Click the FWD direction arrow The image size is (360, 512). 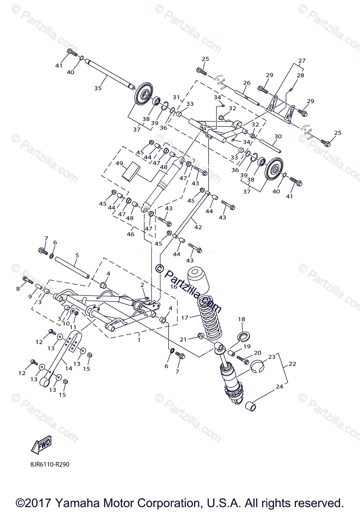(x=41, y=445)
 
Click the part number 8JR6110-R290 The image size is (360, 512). (x=50, y=464)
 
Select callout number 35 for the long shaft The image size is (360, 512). (x=98, y=88)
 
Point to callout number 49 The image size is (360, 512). (x=119, y=164)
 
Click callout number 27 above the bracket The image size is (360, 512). (x=302, y=61)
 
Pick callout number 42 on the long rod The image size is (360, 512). (x=198, y=227)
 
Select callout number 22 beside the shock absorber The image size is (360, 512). (x=292, y=364)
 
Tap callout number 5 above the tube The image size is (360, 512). (x=77, y=255)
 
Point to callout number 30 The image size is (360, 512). (x=278, y=137)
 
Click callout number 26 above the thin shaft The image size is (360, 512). (x=246, y=83)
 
